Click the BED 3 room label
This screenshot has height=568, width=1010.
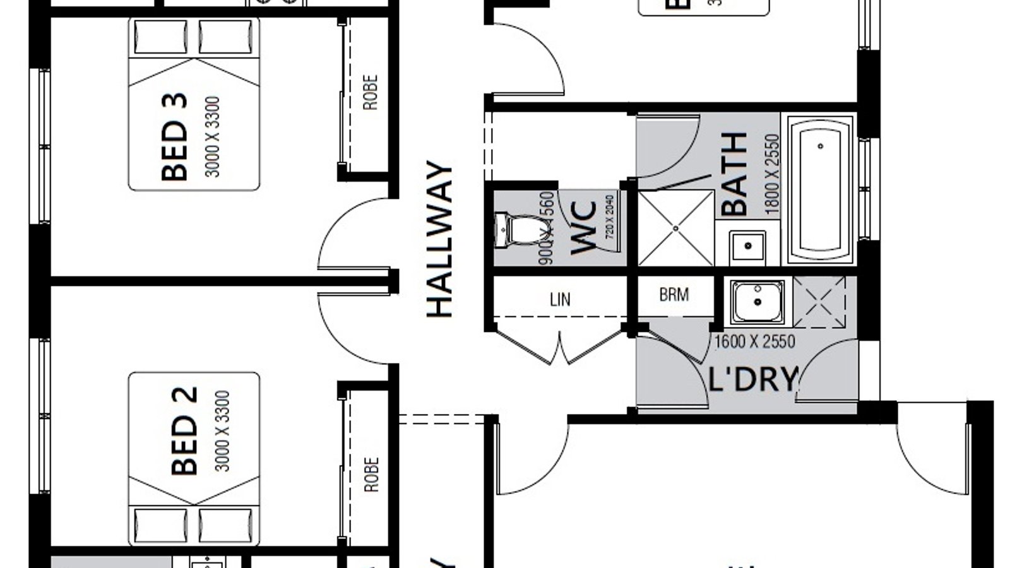(175, 136)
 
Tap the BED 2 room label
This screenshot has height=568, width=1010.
(184, 431)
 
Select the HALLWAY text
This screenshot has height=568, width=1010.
(440, 240)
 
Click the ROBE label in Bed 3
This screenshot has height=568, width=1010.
(370, 93)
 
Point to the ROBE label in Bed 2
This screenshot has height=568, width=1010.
(371, 475)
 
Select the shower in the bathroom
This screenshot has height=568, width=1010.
(675, 228)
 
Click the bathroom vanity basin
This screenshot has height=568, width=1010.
(747, 246)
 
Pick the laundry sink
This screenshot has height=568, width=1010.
(757, 302)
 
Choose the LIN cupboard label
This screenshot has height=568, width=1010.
(560, 299)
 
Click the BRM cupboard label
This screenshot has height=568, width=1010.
(674, 295)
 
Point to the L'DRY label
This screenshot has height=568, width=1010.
(753, 379)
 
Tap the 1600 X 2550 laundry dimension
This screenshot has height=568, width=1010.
(754, 342)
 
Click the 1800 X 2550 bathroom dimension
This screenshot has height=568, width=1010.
(773, 174)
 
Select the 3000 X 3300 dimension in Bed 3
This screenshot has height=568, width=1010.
(213, 136)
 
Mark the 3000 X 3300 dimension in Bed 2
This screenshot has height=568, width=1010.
(223, 431)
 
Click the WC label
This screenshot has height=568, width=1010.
(583, 228)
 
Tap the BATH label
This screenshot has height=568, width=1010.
(735, 174)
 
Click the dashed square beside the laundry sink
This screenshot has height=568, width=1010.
(819, 302)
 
